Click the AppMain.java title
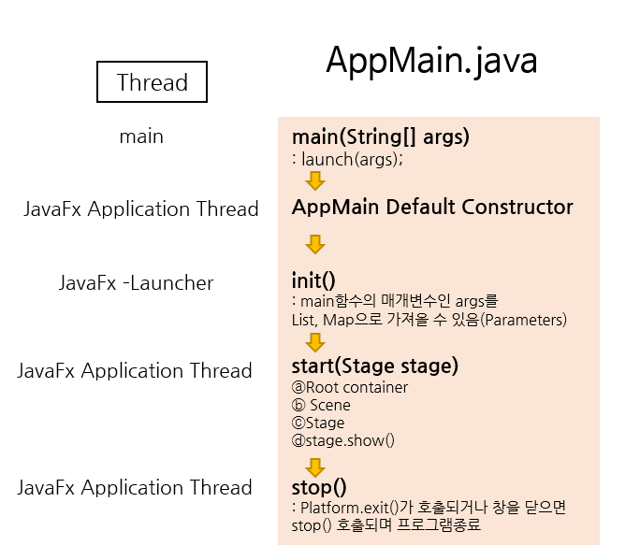(431, 61)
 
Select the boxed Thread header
(153, 82)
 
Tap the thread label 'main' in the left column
(141, 136)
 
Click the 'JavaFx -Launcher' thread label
(137, 282)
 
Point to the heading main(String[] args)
(381, 136)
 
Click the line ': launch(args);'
(347, 158)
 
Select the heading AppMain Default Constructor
(432, 207)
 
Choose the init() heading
(313, 280)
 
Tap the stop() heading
(319, 486)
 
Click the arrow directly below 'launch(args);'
(315, 180)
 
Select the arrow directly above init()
(315, 244)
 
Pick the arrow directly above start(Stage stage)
(315, 342)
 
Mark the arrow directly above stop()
(315, 467)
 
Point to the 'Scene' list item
(328, 405)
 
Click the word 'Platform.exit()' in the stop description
(347, 507)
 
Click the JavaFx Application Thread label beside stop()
(135, 487)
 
